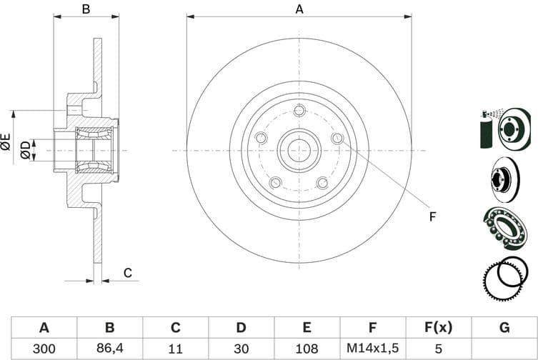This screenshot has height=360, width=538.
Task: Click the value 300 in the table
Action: coord(44,349)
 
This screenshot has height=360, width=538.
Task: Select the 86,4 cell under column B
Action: coord(109,349)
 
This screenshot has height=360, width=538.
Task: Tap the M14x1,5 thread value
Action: coord(372,349)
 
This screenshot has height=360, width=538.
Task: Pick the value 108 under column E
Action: coord(306,349)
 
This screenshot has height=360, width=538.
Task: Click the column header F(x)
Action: coord(437,328)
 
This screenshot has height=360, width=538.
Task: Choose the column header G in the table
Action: coord(504,328)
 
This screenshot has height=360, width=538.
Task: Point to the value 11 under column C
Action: coord(175,349)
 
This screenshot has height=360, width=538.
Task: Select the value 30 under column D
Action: coord(241,349)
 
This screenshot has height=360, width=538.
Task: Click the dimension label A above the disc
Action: coord(299,9)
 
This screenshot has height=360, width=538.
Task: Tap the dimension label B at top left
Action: coord(85,9)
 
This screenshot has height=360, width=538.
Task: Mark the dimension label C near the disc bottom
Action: coord(128,272)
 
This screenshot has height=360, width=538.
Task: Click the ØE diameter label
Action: coord(6,141)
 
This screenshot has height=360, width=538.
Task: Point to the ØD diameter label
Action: coord(26,150)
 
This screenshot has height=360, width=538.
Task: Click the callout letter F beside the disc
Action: coord(432,216)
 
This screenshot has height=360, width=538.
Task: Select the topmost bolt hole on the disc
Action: coord(299,110)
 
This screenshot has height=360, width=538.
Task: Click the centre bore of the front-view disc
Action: coord(299,150)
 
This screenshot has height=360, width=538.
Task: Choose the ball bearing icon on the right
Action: coord(505,227)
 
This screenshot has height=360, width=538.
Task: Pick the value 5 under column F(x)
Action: coord(437,349)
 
